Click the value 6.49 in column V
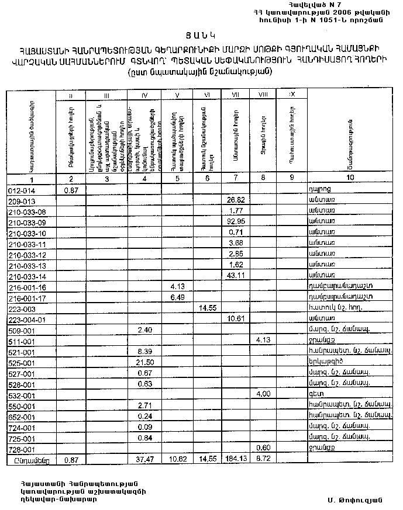[x=177, y=297]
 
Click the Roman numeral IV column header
[x=144, y=94]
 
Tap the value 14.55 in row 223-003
[x=207, y=308]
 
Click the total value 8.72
[x=263, y=460]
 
